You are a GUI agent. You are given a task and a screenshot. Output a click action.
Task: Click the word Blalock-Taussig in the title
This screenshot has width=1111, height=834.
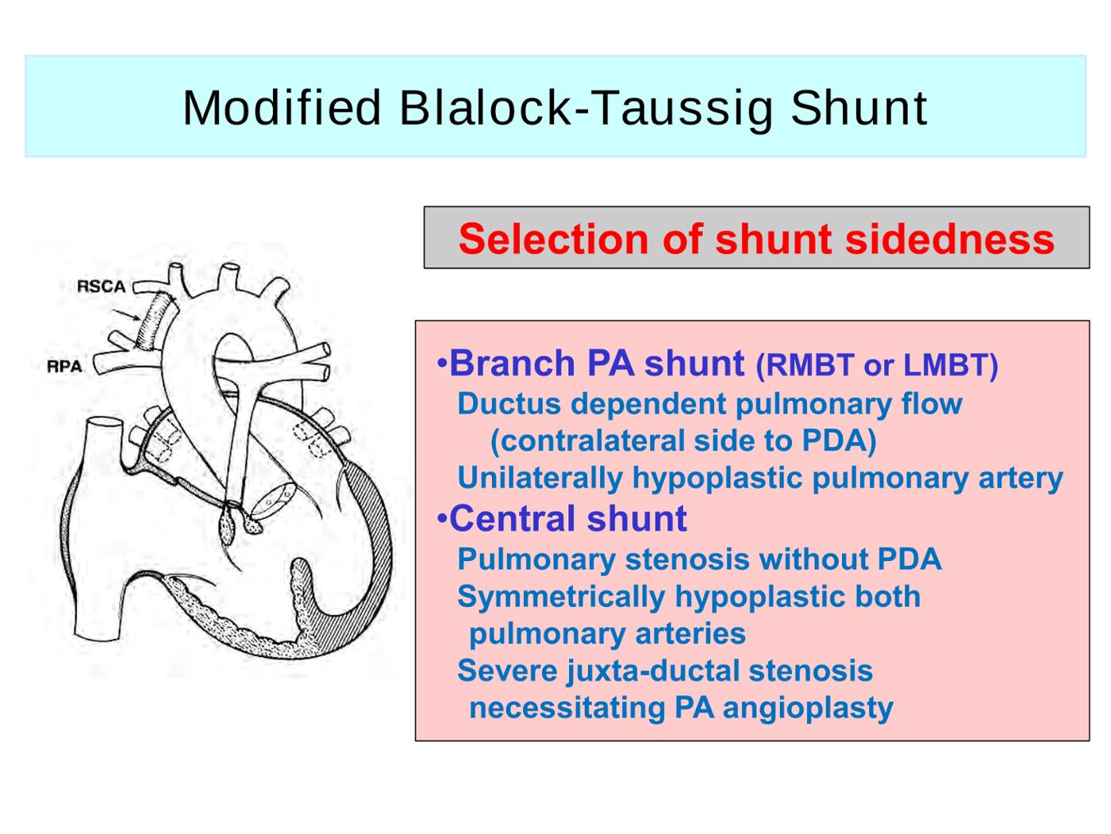(586, 109)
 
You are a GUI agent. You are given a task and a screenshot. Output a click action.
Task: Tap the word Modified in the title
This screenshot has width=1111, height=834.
(282, 107)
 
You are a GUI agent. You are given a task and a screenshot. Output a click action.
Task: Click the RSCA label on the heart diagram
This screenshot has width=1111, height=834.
(101, 286)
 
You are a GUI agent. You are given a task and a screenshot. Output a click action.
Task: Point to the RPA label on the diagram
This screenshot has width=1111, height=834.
(64, 366)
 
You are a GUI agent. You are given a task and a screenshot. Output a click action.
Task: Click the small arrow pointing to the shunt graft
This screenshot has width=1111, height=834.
(125, 314)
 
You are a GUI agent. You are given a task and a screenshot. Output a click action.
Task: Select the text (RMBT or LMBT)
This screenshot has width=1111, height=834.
(876, 365)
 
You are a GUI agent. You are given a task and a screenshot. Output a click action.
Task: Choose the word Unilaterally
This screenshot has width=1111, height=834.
(540, 478)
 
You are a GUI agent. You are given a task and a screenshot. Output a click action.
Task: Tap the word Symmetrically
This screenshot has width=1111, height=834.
(561, 597)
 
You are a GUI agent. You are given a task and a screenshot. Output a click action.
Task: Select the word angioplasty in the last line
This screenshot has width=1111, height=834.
(808, 709)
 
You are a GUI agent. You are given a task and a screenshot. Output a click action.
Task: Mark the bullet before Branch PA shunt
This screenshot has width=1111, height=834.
(442, 364)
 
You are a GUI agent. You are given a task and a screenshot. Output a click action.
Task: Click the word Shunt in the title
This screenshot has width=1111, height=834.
(859, 107)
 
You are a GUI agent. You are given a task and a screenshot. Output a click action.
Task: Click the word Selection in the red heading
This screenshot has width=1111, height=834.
(553, 239)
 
